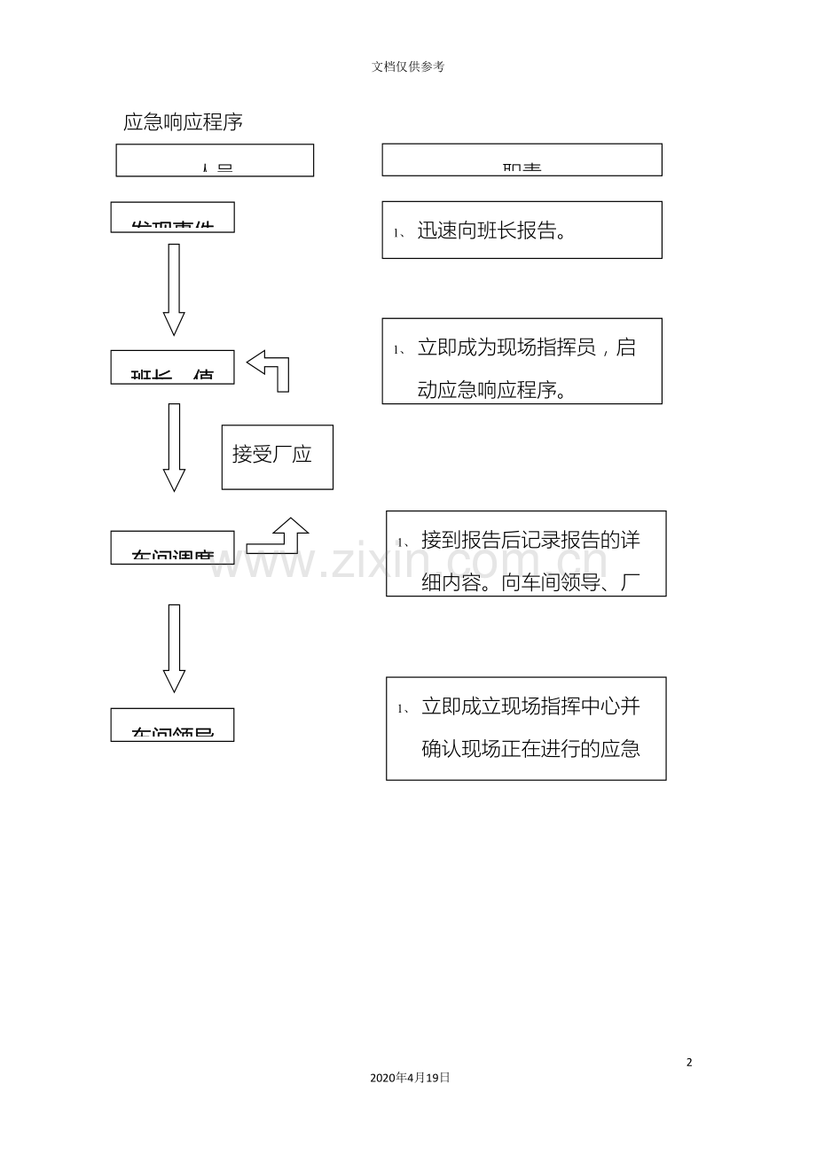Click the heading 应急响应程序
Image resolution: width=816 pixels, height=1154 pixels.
pos(183,122)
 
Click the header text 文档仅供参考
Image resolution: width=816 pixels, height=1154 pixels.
pos(408,66)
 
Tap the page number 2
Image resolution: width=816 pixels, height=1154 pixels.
pos(689,1062)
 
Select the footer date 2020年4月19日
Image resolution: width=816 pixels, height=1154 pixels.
pos(410,1078)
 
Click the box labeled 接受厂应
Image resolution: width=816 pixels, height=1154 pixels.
pos(277,456)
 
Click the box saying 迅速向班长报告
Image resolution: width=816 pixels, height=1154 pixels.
pos(522,230)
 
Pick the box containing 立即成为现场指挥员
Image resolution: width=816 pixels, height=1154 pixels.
pos(522,361)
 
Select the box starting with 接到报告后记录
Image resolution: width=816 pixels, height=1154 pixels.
pos(525,553)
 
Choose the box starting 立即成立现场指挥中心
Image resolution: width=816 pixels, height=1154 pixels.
pos(525,729)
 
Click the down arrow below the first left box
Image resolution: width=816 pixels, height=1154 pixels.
pos(174,289)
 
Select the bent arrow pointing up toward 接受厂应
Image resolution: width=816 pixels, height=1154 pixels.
pos(279,535)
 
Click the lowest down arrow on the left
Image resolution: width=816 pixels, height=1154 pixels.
pos(174,648)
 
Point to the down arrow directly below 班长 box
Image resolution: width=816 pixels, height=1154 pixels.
pos(174,447)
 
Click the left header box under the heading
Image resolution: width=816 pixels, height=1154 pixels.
pos(215,160)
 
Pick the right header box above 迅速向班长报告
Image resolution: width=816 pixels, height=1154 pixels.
pos(522,160)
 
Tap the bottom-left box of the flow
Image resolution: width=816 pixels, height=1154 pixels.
pos(172,724)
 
